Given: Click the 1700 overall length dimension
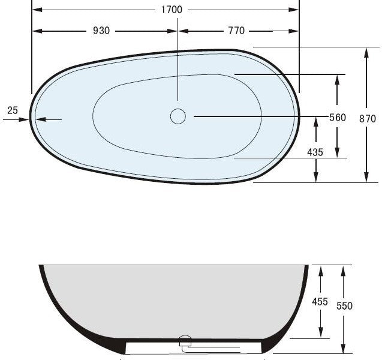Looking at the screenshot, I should pos(171,10).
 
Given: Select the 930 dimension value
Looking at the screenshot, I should pos(101,31).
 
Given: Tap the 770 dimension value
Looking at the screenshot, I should pos(236,31).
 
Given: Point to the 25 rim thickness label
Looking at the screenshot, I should pos(13,110).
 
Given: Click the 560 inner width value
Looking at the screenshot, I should pos(338,118).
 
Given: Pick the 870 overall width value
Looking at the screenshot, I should pos(367,119).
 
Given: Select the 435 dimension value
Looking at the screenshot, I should pos(315,152).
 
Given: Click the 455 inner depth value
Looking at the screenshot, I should pos(320,302).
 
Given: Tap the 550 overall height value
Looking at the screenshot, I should pos(344,306).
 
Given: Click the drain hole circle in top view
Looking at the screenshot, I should pos(178,116).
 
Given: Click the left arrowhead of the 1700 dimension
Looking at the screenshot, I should pos(35,10).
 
